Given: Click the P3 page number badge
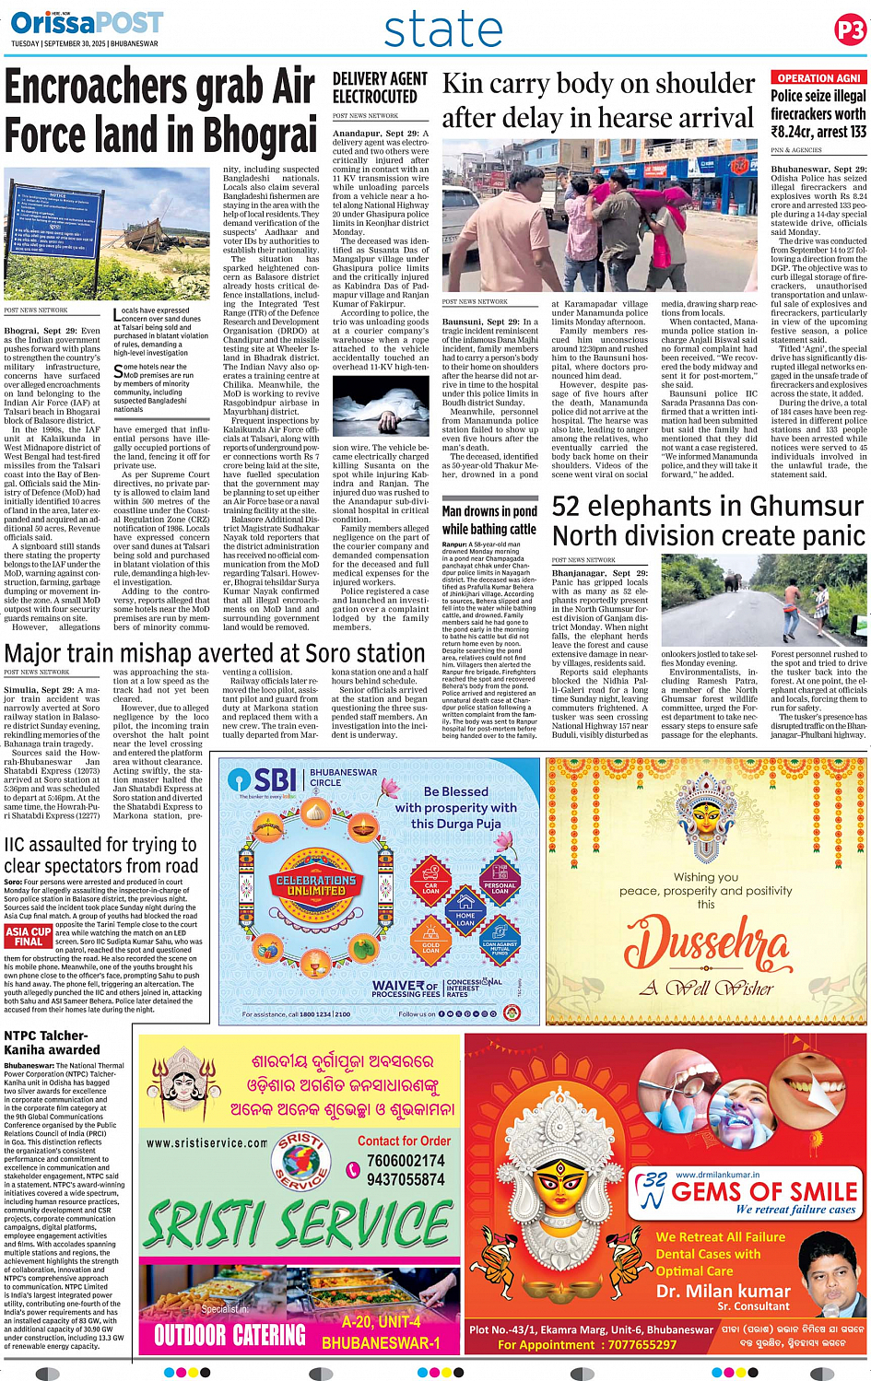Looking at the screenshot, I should (x=850, y=30).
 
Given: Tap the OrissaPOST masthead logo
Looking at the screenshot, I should (x=88, y=22).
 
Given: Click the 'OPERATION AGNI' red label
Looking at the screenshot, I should (x=818, y=78).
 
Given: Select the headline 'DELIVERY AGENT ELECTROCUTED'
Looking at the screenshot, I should (x=380, y=88).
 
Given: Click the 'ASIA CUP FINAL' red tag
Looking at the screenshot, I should (x=29, y=936).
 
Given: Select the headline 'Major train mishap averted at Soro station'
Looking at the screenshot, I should (x=215, y=653).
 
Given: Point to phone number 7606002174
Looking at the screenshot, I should (x=406, y=1161).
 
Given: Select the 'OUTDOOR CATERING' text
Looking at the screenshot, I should (x=230, y=1335).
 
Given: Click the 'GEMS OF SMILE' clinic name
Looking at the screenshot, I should (x=764, y=1191).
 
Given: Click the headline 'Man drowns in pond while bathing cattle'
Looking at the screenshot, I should (x=489, y=520).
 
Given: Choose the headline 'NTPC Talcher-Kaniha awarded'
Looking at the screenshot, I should (x=52, y=1042).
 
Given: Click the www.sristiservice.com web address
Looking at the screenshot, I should (x=206, y=1142).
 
